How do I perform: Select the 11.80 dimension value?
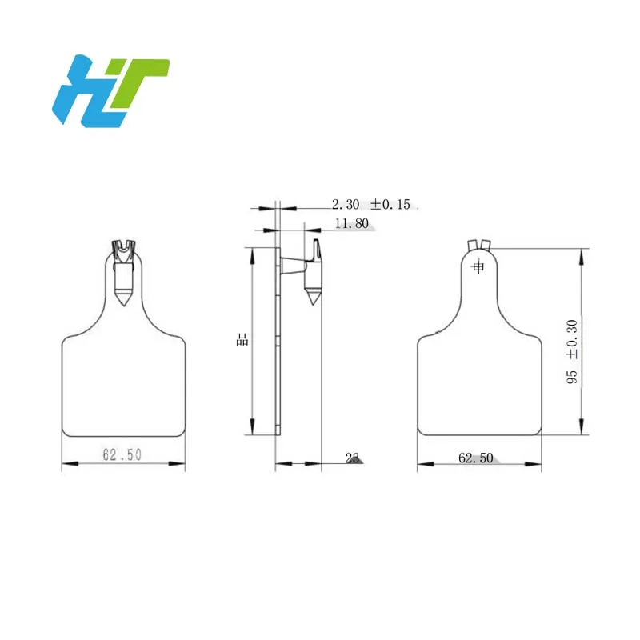pyautogui.click(x=351, y=224)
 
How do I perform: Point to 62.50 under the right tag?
pyautogui.click(x=476, y=458)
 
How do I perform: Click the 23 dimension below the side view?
pyautogui.click(x=351, y=458)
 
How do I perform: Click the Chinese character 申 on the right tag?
pyautogui.click(x=478, y=267)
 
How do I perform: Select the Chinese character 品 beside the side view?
pyautogui.click(x=242, y=339)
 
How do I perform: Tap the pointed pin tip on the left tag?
pyautogui.click(x=122, y=303)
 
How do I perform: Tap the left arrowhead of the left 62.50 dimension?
pyautogui.click(x=66, y=464)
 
